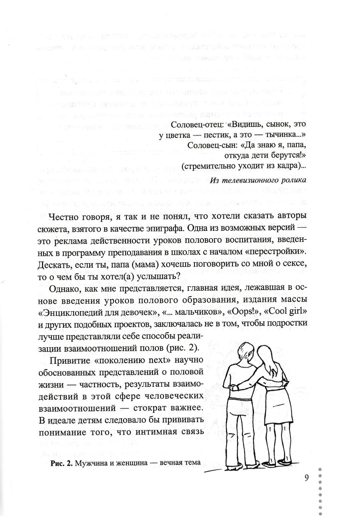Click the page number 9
tap(306, 477)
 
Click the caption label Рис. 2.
tap(62, 463)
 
